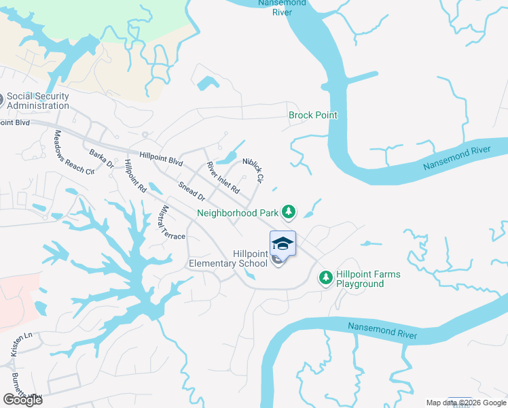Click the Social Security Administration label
coord(38,101)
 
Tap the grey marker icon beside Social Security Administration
coord(1,101)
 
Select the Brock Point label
coord(313,115)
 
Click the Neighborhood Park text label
coord(238,213)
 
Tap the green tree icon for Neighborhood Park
coord(289,212)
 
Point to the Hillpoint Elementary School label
coord(228,258)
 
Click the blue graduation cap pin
coord(283,243)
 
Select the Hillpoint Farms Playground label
coord(368,279)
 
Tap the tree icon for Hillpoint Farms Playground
coord(326,277)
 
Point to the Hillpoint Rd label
coord(135,178)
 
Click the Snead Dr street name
coord(191,191)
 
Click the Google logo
coord(22,400)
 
